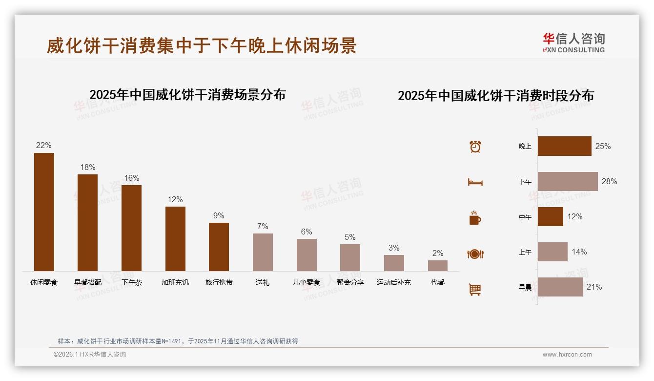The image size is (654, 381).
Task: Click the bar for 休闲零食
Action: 44,212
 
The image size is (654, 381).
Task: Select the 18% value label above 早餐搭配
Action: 88,168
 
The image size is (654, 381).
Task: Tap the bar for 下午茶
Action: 131,228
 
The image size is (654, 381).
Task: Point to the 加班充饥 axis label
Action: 175,282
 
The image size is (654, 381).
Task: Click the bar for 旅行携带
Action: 219,247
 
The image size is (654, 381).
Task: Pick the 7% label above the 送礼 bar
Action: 263,227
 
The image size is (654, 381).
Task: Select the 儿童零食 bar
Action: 307,255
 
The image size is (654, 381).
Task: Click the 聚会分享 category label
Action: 350,282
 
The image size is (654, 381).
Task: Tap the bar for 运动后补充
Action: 394,263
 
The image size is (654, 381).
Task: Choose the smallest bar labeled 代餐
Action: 438,266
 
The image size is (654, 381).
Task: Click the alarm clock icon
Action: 475,147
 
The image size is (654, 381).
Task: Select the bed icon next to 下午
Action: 475,182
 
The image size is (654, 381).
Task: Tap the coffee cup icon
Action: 475,218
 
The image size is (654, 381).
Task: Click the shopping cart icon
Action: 475,289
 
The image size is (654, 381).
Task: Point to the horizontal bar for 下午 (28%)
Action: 568,181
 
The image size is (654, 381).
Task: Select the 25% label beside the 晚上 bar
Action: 603,147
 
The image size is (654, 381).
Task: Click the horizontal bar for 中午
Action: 551,216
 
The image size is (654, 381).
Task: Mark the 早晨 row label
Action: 525,288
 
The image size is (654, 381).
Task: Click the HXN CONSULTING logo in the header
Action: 573,43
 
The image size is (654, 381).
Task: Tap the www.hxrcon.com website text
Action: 567,355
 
